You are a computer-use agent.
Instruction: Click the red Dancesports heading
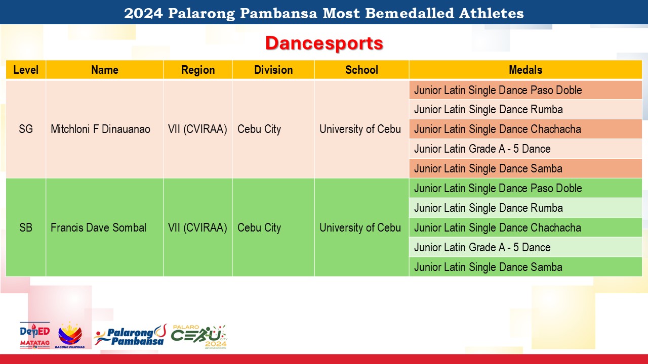325,43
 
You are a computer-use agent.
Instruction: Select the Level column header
26,70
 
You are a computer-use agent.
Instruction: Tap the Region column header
198,70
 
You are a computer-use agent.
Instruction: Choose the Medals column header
525,70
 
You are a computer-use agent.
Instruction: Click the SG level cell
26,129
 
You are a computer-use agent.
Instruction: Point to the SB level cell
26,227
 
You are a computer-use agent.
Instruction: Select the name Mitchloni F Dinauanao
100,129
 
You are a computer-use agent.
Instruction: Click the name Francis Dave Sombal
98,227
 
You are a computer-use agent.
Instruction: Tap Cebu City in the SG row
259,129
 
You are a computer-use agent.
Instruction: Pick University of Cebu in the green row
360,227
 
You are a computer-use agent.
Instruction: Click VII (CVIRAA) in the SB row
197,227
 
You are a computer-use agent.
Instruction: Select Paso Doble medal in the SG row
498,90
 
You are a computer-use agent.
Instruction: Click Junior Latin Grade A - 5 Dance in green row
482,247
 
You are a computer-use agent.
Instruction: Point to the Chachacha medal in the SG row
497,129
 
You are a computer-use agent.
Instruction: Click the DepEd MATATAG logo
35,335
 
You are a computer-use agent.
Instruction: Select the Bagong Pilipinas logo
70,335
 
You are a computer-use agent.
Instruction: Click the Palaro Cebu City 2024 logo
199,337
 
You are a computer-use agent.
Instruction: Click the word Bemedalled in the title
410,13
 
